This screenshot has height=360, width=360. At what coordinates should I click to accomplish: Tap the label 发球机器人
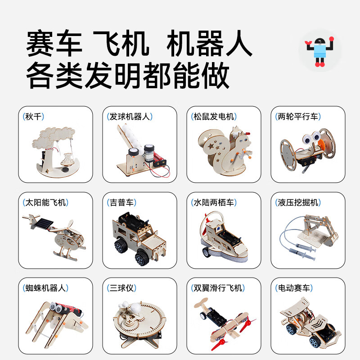click(129, 117)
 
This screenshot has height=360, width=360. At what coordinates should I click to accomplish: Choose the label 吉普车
click(120, 202)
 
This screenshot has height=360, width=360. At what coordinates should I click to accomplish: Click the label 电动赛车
click(293, 288)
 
